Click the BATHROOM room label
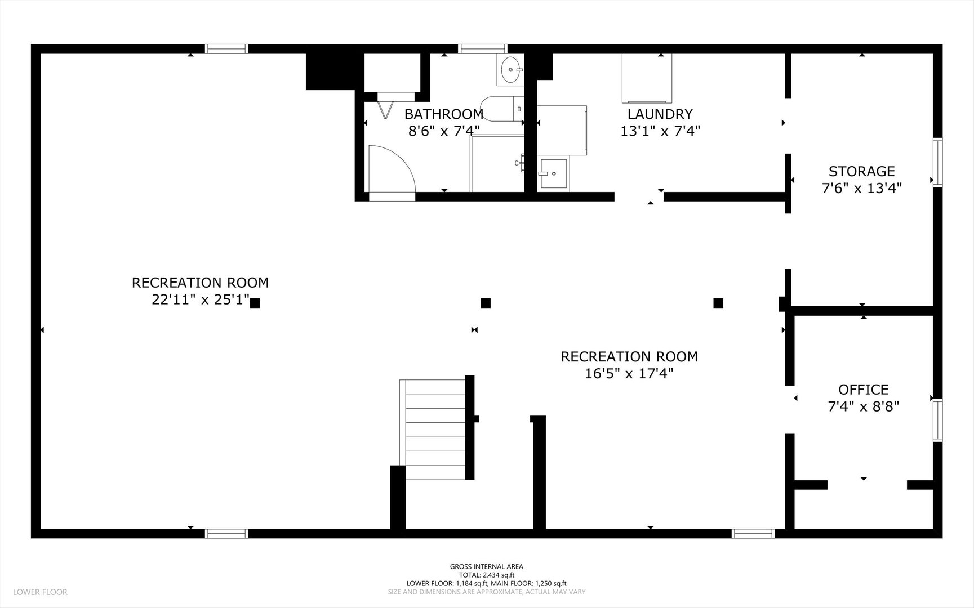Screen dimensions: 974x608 444,114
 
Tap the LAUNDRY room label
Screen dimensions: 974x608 660,114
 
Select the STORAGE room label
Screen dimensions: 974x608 861,171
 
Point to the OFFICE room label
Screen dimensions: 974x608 863,390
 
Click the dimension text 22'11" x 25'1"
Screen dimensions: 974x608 200,299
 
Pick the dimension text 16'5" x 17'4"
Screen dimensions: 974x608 629,373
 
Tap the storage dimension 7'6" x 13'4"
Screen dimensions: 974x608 862,188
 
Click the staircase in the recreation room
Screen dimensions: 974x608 435,430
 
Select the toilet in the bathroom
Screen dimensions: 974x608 502,109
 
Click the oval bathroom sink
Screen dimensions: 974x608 510,70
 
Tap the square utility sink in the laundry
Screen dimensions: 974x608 553,173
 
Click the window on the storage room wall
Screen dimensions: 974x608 937,162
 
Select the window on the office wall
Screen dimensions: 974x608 937,420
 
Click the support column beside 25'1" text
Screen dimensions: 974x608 255,303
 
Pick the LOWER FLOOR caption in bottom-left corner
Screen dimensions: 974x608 40,592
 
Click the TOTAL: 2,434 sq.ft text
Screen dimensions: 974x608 487,575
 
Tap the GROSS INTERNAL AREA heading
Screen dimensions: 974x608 487,566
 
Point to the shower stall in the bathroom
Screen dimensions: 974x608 497,163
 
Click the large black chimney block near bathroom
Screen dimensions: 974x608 330,72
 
